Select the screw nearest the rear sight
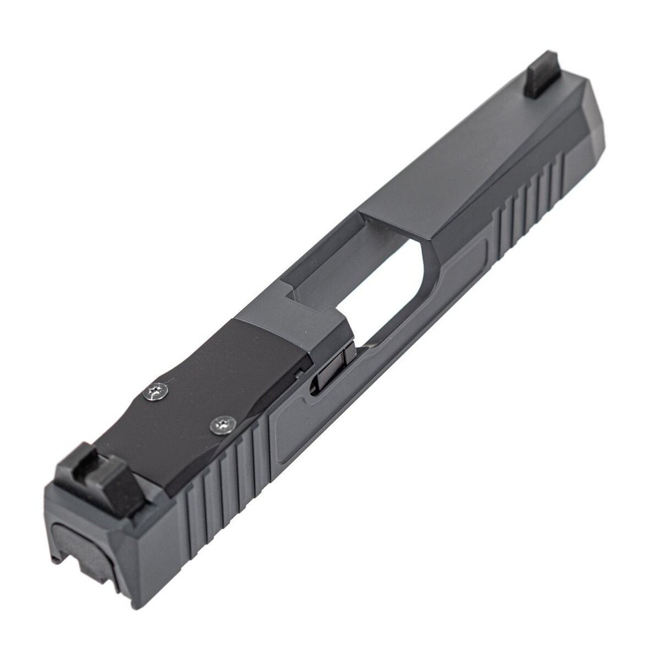pos(157,393)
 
